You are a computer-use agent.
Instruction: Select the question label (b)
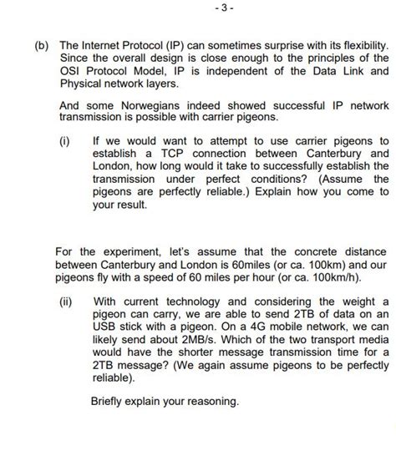[42, 43]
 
